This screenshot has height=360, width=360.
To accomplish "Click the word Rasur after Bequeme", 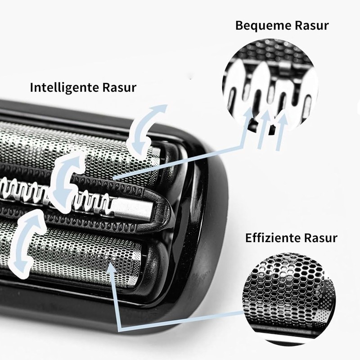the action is tap(313, 25).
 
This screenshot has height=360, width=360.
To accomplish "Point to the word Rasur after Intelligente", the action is tap(120, 87).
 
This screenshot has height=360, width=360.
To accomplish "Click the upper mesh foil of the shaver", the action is tap(81, 144).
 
